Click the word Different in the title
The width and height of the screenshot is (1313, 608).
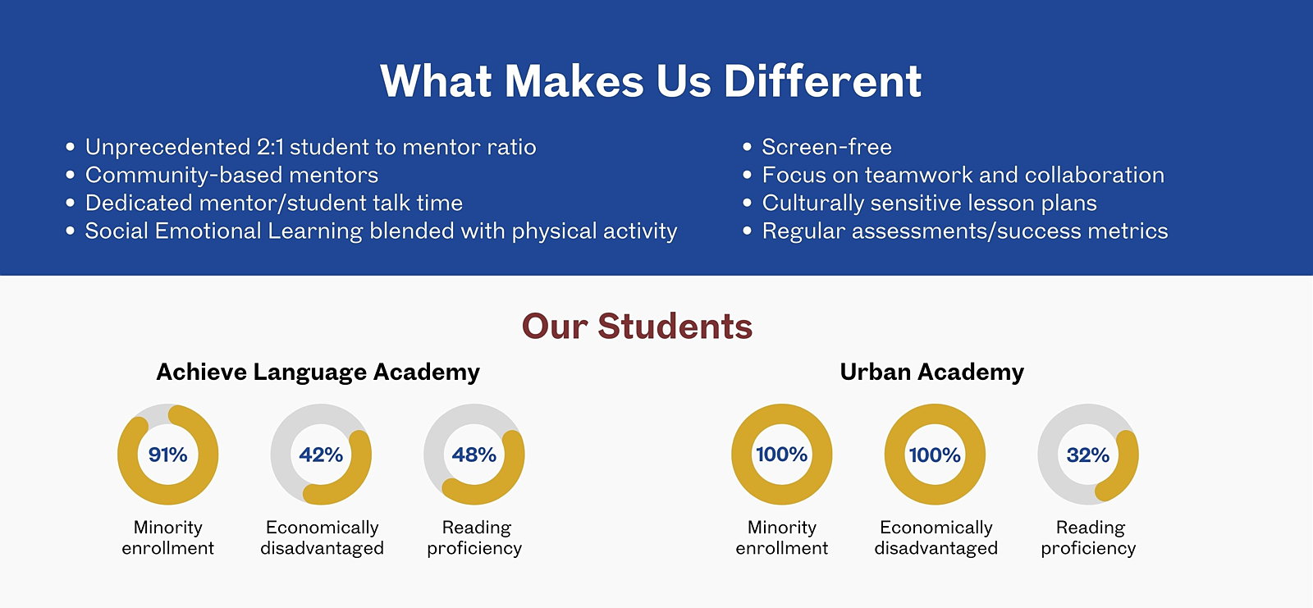[x=822, y=81]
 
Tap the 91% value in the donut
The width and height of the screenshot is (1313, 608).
[x=167, y=455]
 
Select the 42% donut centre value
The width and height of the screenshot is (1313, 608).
[x=321, y=455]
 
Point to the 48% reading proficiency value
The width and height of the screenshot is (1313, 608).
[x=474, y=455]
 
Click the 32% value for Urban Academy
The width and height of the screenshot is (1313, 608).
[x=1088, y=455]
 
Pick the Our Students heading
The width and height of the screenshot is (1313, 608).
[x=637, y=326]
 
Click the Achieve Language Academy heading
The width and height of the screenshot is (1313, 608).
[x=318, y=373]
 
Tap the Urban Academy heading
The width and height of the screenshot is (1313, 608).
[x=932, y=372]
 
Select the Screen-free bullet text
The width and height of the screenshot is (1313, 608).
[x=826, y=147]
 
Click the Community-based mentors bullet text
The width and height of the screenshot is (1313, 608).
[x=231, y=175]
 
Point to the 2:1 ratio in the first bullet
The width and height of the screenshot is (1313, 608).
[x=270, y=147]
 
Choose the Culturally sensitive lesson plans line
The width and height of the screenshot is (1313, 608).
[x=929, y=203]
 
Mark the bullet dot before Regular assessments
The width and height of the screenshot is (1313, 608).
[x=747, y=231]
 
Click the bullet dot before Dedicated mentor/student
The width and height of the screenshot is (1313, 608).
[x=71, y=203]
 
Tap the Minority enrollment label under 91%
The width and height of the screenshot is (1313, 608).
[x=167, y=537]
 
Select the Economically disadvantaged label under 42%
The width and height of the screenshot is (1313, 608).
[x=322, y=537]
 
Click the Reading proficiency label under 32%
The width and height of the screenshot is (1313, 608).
[x=1088, y=537]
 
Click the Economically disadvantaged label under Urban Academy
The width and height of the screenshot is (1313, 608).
[x=936, y=537]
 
